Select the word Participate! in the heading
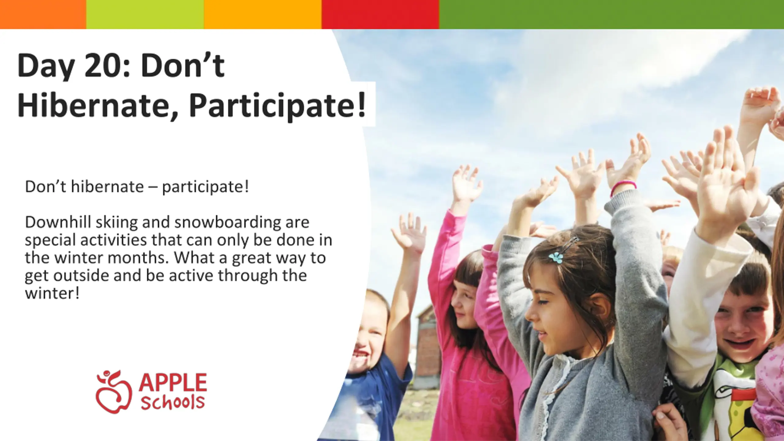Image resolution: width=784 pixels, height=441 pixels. (277, 106)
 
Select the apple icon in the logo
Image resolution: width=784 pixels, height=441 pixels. (114, 392)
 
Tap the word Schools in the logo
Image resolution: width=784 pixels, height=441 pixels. (173, 402)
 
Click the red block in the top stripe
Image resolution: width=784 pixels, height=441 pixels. (380, 14)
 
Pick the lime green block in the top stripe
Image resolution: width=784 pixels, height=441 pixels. (145, 14)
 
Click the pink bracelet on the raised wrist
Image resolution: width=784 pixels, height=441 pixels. (623, 187)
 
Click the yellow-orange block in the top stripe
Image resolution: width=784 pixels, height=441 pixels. (263, 14)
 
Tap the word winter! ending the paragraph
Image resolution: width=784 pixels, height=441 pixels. (52, 293)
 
